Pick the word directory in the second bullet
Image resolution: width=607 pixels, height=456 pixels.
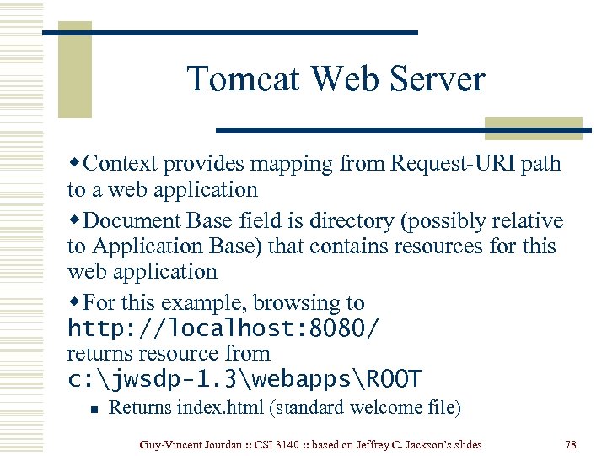click(353, 221)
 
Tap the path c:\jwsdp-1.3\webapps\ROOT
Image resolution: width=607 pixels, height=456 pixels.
click(245, 378)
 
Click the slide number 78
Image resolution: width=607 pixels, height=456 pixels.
click(571, 444)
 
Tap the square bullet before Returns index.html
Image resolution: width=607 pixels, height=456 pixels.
click(95, 409)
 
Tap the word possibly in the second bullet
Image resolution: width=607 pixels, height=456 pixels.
click(449, 221)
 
